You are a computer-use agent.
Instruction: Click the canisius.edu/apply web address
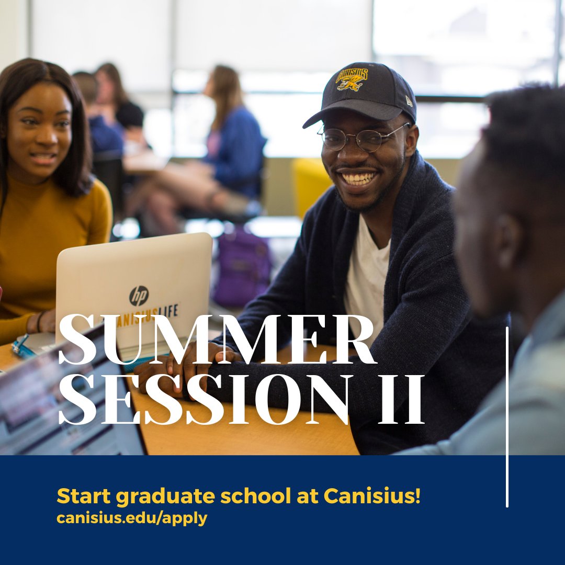point(132,518)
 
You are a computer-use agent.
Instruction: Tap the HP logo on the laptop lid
point(139,296)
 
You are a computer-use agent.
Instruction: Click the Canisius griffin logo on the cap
point(352,78)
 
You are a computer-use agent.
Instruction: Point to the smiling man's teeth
point(358,179)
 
